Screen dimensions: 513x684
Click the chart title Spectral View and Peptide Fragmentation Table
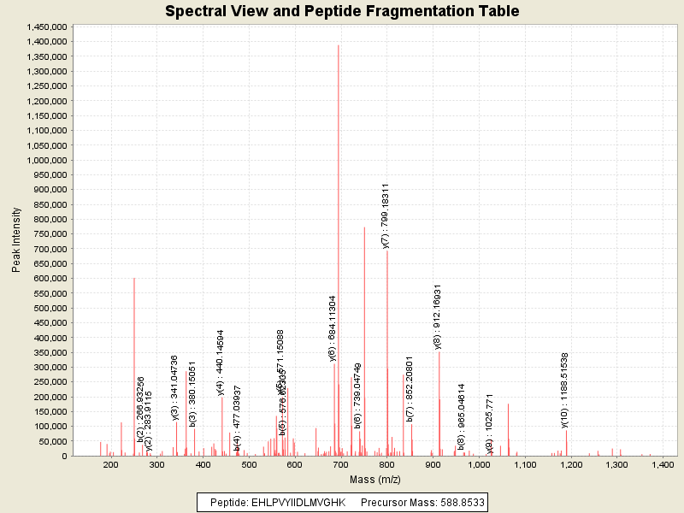(342, 11)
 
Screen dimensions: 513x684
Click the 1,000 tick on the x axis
(479, 464)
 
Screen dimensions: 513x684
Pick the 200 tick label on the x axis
(110, 464)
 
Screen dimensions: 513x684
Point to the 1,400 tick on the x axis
(663, 464)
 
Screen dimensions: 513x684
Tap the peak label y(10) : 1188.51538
(565, 390)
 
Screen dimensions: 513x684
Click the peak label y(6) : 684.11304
(333, 328)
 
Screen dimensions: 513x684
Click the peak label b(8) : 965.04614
(461, 416)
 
